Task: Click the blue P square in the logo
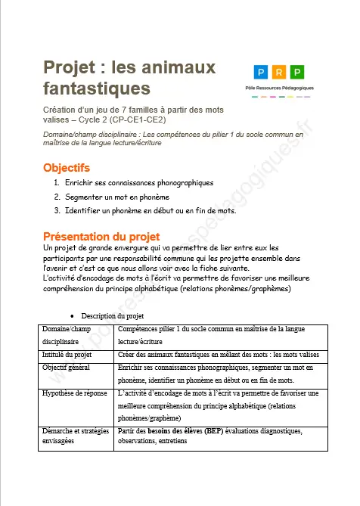pyautogui.click(x=261, y=73)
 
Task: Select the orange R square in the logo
pyautogui.click(x=279, y=73)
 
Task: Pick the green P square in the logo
pyautogui.click(x=297, y=73)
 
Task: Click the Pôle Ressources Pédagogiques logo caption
pyautogui.click(x=279, y=88)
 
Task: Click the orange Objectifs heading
pyautogui.click(x=67, y=167)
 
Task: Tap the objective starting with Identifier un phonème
pyautogui.click(x=151, y=210)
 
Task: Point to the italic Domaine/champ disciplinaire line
pyautogui.click(x=174, y=137)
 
